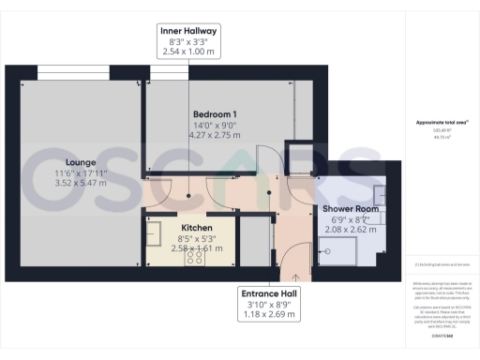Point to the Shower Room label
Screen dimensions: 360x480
click(x=351, y=208)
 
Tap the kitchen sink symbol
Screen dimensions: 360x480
click(x=157, y=229)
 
